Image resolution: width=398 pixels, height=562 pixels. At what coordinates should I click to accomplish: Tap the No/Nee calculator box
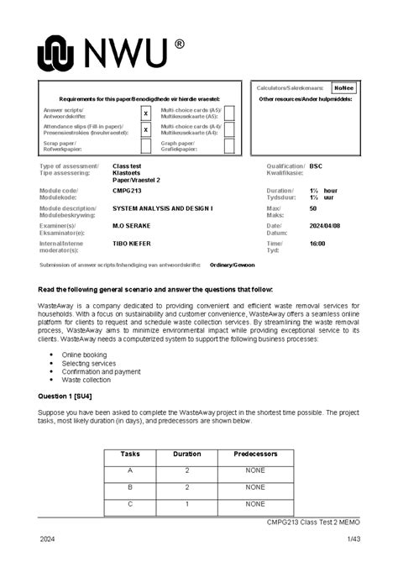click(x=343, y=87)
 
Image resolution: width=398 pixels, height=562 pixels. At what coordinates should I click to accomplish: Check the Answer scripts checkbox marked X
click(x=145, y=113)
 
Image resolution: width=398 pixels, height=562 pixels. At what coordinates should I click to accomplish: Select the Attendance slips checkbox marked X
click(x=145, y=130)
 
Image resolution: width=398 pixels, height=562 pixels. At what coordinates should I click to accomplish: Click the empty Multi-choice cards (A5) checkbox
click(x=229, y=113)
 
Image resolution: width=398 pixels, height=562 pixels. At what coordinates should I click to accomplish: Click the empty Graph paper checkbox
click(x=229, y=145)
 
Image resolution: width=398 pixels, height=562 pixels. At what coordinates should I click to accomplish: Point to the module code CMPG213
click(x=127, y=191)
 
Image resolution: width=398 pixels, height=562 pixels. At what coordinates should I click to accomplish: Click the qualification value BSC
click(x=316, y=166)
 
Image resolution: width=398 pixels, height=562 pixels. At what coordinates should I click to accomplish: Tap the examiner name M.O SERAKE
click(x=129, y=225)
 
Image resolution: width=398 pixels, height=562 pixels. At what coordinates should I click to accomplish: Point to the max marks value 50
click(x=313, y=207)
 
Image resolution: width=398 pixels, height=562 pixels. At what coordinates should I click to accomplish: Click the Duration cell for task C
click(x=186, y=504)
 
